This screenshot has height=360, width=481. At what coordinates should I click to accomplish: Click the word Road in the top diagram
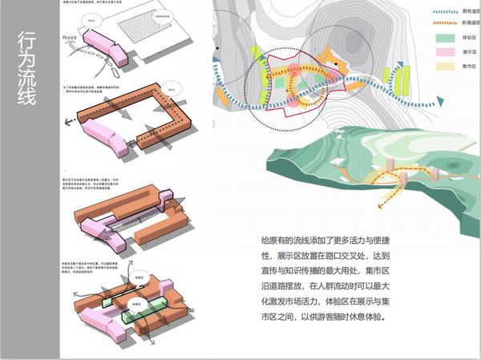69,35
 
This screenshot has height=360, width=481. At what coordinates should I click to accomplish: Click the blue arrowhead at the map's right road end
439,99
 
